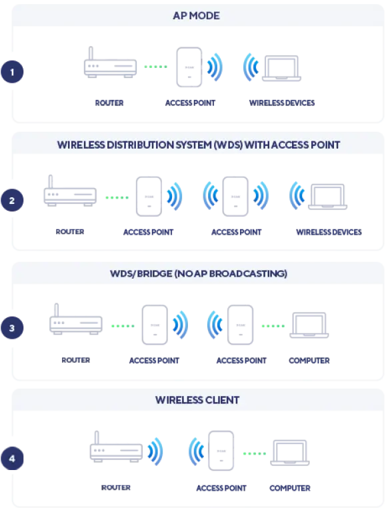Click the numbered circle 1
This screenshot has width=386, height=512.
coord(12,71)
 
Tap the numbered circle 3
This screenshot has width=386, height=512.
coord(12,328)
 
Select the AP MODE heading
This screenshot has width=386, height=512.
coord(196,16)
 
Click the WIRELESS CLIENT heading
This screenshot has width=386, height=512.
coord(197,400)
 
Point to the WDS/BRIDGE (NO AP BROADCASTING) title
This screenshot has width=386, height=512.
coord(199,273)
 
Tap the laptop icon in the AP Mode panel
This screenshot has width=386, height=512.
coord(281,69)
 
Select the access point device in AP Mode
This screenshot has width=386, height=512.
coord(189,67)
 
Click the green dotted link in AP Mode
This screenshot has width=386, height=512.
coord(156,67)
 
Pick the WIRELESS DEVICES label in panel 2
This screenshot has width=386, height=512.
coord(329,232)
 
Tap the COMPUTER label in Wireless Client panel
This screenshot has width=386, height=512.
coord(290,488)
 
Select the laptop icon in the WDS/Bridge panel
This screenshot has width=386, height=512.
coord(309,325)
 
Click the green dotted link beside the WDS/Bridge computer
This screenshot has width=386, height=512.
coord(273,326)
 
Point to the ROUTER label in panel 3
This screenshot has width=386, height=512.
coord(76,360)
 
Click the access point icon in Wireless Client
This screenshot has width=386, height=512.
coord(221,451)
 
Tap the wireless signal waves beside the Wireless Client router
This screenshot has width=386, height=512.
coord(155,451)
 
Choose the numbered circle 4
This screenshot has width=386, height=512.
coord(12,459)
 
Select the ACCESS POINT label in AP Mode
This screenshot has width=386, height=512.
coord(191,103)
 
